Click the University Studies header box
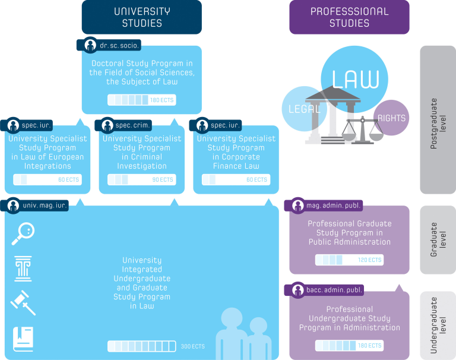(141, 17)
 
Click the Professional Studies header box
(349, 17)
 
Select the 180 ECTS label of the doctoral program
(162, 100)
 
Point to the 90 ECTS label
(162, 179)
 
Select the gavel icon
(23, 302)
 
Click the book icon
(23, 339)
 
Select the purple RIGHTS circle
(391, 118)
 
